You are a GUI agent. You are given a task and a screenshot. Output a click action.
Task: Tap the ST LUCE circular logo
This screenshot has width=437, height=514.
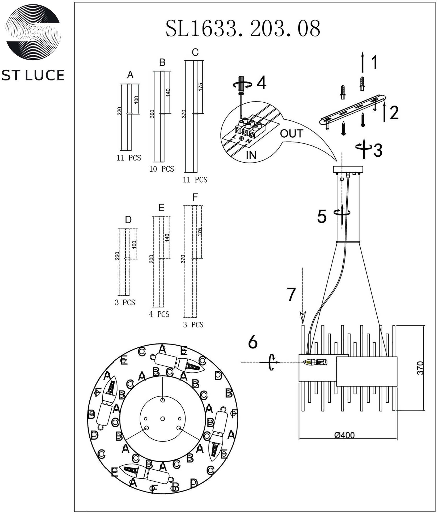[33, 32]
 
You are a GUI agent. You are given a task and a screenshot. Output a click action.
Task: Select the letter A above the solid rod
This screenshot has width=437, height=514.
[130, 75]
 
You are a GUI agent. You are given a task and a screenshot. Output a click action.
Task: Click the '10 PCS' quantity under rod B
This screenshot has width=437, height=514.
[162, 169]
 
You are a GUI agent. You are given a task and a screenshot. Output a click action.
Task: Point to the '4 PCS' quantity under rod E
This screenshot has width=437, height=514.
[159, 314]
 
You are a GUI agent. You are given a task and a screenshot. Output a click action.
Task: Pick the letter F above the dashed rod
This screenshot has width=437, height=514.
[195, 197]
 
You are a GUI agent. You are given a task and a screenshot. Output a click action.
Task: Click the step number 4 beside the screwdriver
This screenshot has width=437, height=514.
[261, 83]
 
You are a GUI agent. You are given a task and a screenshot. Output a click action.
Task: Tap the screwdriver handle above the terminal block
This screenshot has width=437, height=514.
[241, 84]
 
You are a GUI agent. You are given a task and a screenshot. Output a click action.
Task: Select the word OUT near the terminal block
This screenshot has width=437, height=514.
[291, 134]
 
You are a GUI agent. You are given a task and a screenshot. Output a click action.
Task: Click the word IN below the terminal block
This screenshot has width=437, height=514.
[251, 155]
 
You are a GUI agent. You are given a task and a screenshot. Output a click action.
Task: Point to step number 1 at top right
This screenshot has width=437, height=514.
[375, 62]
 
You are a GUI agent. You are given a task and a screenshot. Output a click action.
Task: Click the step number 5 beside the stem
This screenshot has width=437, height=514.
[322, 217]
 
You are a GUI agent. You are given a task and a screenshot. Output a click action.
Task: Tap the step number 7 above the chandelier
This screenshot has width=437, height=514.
[291, 294]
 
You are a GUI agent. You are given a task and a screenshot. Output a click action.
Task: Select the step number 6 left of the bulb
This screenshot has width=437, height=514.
[253, 342]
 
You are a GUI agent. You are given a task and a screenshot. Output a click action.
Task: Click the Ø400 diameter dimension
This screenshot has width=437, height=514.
[344, 435]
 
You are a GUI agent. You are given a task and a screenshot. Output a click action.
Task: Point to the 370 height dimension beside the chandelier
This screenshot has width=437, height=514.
[420, 368]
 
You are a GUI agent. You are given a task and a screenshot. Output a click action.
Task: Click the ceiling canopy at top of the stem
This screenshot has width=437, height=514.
[348, 169]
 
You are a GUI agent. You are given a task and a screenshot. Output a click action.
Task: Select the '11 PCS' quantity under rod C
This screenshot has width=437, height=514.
[195, 180]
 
